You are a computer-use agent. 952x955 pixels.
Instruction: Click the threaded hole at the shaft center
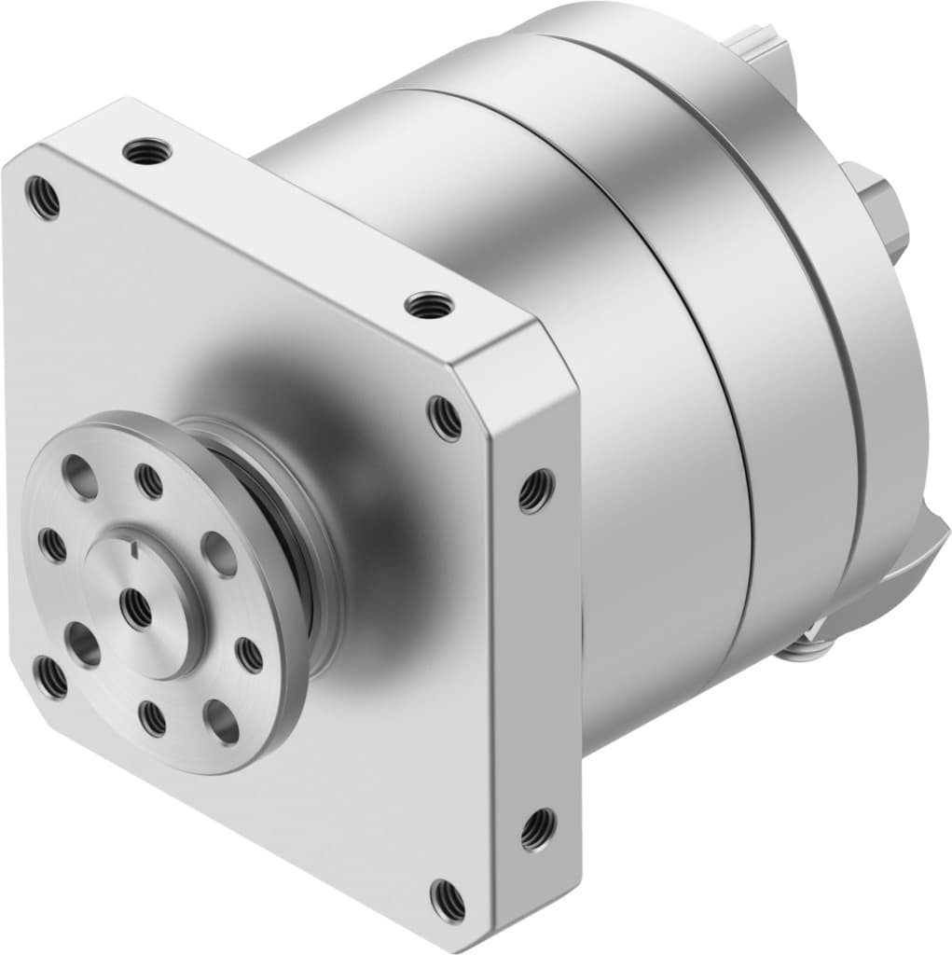[137, 608]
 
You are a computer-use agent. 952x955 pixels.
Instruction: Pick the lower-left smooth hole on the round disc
[83, 644]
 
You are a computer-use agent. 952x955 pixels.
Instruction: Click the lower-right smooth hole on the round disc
[222, 721]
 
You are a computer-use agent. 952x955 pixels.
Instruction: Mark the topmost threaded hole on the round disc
[149, 481]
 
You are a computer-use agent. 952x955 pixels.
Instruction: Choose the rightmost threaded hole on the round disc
[250, 655]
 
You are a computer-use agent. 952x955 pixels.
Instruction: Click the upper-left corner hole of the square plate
[43, 199]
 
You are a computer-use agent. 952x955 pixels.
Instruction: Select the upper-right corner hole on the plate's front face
[445, 418]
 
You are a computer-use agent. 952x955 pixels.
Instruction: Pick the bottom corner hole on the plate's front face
[447, 900]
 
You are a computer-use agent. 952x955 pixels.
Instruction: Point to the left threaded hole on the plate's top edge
[147, 149]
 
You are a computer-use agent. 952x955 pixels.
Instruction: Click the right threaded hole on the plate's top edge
[430, 304]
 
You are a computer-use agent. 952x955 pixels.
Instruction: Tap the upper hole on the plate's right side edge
[536, 490]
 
